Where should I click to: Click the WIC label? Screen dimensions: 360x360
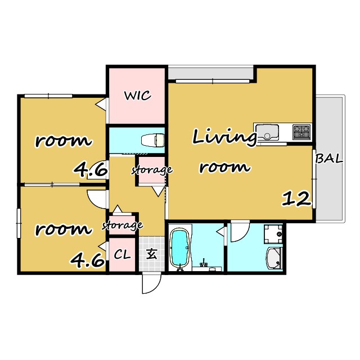pos(137,96)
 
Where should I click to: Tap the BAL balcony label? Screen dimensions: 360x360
pos(328,159)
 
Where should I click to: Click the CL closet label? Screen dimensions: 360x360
pos(122,254)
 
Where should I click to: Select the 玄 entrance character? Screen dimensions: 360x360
pos(152,254)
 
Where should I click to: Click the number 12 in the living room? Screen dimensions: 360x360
pos(296,199)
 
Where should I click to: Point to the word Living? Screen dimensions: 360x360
pos(224,138)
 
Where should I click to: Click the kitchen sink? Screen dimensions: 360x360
pos(267,132)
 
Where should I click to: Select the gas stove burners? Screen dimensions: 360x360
pos(301,132)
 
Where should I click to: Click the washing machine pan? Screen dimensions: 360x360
pos(273,234)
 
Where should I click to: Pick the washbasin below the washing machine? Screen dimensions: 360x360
pos(274,258)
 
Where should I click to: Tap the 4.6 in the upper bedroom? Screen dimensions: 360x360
pos(90,170)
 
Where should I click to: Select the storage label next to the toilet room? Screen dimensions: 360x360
pos(152,170)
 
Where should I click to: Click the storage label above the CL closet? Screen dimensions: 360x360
pos(123,226)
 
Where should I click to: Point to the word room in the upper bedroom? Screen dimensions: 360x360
pos(63,141)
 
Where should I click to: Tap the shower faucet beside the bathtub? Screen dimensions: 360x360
pos(204,263)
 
